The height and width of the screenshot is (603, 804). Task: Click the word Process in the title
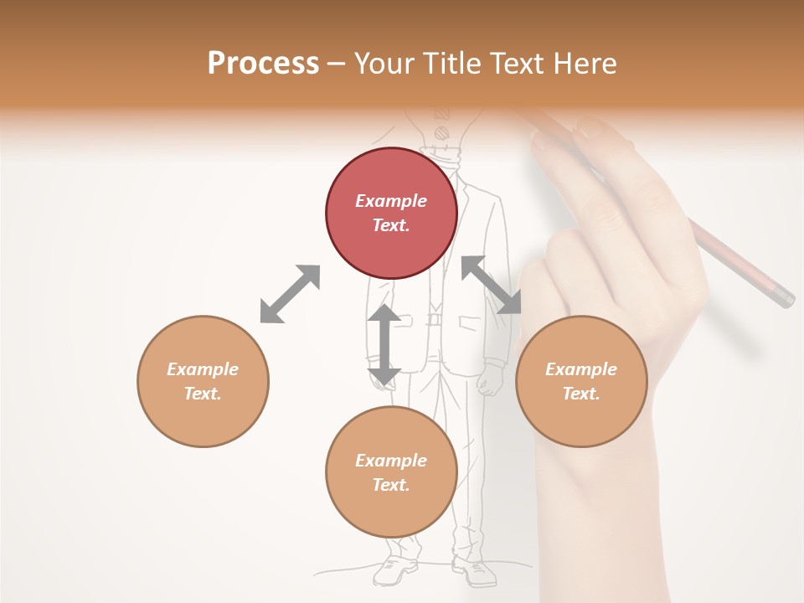point(263,64)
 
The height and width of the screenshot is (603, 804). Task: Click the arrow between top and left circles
point(290,294)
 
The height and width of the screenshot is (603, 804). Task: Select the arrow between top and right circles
point(491,285)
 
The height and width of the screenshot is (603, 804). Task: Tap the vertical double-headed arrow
point(384,345)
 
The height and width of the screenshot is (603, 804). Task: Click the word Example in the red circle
point(391,201)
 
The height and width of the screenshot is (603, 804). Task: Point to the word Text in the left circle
point(203,394)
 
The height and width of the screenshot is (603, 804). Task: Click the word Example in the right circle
point(581,369)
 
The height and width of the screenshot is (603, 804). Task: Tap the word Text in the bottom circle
point(391,485)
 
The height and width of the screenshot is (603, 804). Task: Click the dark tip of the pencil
point(785,298)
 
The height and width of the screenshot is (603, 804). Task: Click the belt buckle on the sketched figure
point(434,319)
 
